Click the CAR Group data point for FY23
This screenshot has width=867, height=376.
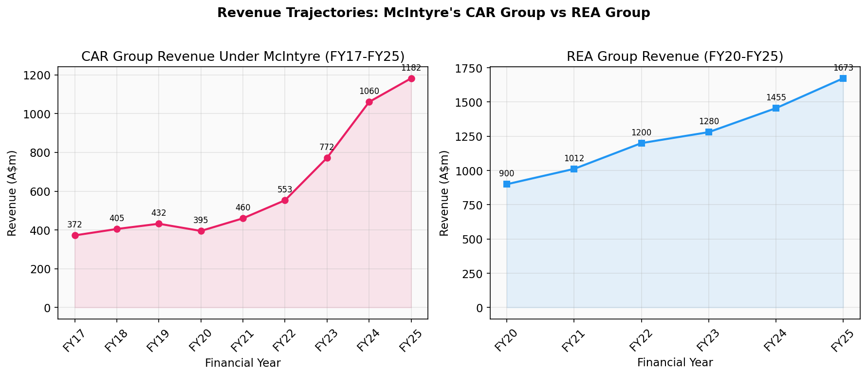click(327, 158)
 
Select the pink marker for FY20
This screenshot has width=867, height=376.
click(201, 231)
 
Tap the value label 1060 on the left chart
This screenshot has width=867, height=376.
click(369, 91)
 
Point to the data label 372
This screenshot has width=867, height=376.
click(74, 225)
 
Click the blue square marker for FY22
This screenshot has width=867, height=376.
click(641, 143)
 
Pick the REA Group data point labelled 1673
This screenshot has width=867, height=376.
click(843, 78)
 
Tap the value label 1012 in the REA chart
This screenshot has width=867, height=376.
click(574, 158)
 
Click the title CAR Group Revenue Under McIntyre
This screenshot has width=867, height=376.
click(242, 56)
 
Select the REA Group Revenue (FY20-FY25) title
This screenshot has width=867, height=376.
click(675, 56)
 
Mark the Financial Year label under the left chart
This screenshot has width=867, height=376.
click(242, 363)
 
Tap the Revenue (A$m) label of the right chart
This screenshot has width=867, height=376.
click(444, 193)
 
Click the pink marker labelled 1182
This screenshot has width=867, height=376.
click(411, 78)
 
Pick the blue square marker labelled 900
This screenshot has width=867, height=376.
click(507, 184)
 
